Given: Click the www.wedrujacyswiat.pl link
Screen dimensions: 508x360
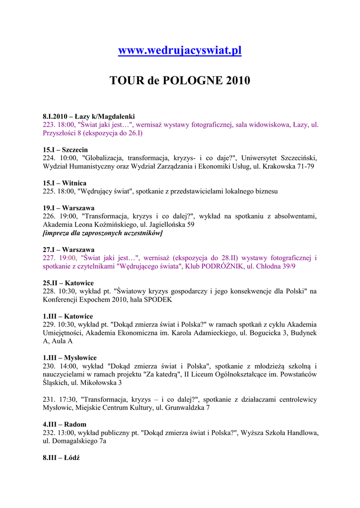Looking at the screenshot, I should coord(180,51).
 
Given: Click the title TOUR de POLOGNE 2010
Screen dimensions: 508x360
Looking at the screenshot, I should coord(180,80).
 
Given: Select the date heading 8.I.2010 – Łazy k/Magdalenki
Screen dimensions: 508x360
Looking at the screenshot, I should coord(89,116).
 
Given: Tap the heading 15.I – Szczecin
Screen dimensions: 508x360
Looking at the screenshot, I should coord(65,149).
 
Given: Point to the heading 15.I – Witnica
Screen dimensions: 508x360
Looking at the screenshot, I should coord(65,183).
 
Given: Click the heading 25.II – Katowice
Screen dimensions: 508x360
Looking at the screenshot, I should coord(68,283).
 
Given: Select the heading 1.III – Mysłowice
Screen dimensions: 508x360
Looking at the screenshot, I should coord(70,358).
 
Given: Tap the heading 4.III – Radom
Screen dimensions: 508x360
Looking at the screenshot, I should coord(65,424).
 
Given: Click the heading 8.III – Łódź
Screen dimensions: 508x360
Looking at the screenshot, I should coord(61,457).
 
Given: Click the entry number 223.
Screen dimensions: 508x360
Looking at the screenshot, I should coord(49,125).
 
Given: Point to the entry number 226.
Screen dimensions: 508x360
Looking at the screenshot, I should coord(49,216).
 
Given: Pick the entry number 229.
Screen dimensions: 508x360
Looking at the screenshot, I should coord(49,324).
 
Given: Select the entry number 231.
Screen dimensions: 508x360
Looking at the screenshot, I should coord(49,399).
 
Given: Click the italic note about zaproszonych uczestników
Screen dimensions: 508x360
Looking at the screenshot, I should coord(103,233).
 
